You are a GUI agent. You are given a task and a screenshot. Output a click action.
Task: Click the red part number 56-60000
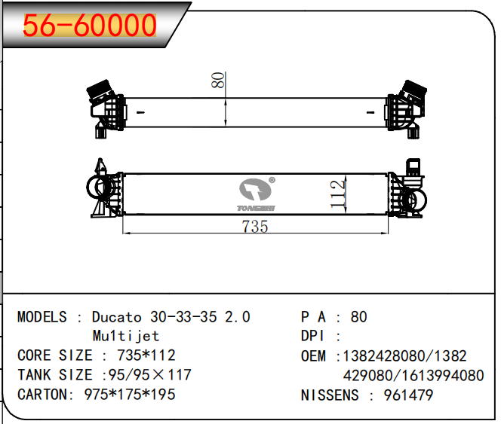pos(90,26)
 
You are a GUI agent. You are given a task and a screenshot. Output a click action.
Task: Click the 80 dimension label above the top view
pos(218,80)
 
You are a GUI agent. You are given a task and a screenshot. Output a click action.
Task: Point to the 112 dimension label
pos(337,194)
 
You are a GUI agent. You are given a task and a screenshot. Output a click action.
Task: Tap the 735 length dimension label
pos(255,227)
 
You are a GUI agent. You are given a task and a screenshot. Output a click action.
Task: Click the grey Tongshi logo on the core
pos(256,194)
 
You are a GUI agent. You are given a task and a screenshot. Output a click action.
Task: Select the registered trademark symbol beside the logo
pos(272,180)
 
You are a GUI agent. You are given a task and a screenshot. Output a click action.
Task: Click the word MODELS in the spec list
pos(41,317)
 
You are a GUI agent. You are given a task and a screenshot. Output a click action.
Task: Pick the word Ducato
pos(117,317)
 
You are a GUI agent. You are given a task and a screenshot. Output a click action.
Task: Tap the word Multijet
pos(125,336)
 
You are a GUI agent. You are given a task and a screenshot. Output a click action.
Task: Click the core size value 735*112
pos(146,355)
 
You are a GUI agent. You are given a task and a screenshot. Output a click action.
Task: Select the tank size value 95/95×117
pos(150,375)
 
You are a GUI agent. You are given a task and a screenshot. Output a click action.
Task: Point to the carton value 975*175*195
pos(130,395)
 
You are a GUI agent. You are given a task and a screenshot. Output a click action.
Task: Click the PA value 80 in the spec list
pos(358,317)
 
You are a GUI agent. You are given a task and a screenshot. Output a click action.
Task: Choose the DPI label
pos(312,336)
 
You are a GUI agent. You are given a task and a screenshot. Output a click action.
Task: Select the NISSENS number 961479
pos(408,395)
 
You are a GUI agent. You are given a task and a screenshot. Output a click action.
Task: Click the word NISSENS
pos(330,395)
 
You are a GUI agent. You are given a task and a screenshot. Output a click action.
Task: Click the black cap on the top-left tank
pos(98,87)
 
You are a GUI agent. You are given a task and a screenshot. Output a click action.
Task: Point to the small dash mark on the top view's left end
pos(140,112)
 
